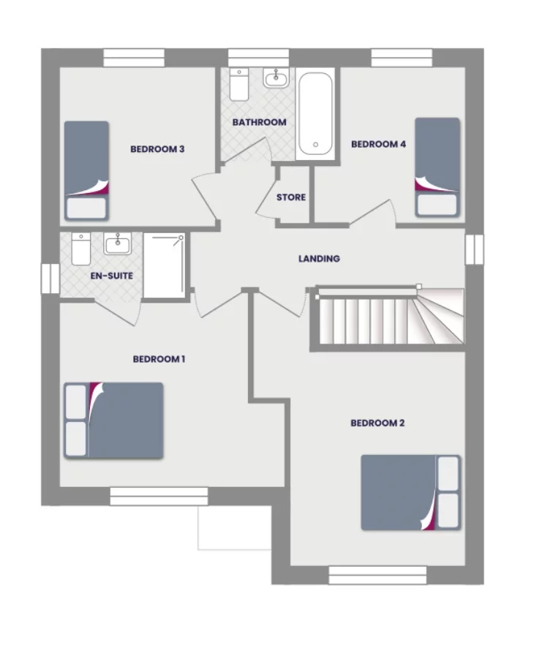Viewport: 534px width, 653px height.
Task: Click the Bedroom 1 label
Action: pos(159,359)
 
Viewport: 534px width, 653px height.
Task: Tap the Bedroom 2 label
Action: pos(377,423)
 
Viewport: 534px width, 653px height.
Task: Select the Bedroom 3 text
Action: pos(157,149)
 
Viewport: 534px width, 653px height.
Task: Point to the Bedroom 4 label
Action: pos(378,144)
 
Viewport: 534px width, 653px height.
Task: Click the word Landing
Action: pos(319,259)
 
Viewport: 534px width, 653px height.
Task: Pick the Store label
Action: pos(291,197)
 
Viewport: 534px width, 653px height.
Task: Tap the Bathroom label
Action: pos(259,122)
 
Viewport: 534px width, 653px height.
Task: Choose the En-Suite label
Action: pos(112,276)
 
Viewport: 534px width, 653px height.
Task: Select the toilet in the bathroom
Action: pos(239,85)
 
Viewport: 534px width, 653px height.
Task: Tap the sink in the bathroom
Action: pos(277,78)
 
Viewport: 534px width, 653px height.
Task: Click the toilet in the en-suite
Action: pos(80,249)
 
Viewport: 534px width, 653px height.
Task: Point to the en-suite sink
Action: pos(117,244)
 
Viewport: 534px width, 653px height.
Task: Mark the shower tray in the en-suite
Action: pos(165,265)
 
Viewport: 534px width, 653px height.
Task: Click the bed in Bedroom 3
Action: pos(86,170)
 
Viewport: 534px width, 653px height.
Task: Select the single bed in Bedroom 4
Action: pos(437,167)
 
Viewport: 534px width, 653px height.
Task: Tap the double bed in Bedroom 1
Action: pos(114,420)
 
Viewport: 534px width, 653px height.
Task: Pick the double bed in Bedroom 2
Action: pos(410,492)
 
